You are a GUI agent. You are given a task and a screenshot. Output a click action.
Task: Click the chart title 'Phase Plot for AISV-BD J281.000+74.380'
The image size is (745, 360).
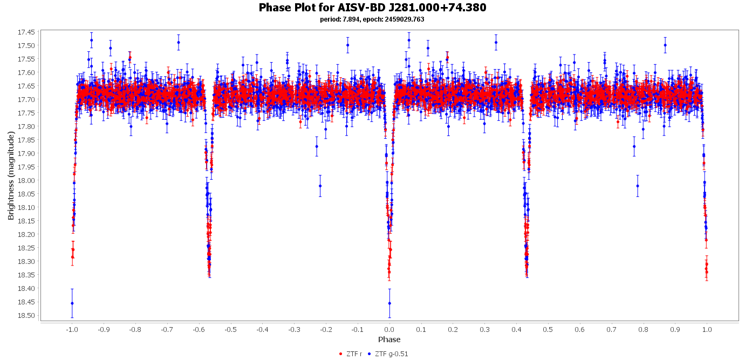pos(372,8)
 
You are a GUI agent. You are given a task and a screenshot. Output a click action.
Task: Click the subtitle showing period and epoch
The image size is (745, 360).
pos(372,19)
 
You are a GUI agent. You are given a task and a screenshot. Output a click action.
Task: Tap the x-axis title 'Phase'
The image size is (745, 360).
pos(389,339)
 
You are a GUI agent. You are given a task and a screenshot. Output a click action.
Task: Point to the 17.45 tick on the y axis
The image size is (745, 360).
pos(26,32)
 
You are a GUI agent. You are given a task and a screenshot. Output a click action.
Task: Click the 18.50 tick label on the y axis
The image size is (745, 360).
pos(26,315)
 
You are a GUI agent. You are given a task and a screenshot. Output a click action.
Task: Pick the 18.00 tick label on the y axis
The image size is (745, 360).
pos(26,180)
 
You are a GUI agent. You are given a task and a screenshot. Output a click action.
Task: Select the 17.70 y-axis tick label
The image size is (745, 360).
pos(26,99)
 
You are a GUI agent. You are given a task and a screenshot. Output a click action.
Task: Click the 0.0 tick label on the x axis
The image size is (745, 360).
pos(389,329)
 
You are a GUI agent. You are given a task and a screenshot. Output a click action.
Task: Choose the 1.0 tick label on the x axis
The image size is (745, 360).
pos(707,329)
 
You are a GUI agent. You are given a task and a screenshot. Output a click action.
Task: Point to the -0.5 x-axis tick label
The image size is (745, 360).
pos(230,329)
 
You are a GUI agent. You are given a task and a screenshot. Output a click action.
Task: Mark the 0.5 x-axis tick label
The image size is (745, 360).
pos(548,329)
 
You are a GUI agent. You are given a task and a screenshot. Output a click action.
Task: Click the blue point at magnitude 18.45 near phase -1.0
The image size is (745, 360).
pos(72,303)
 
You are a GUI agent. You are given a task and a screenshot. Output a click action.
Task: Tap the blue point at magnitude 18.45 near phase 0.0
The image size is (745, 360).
pos(389,303)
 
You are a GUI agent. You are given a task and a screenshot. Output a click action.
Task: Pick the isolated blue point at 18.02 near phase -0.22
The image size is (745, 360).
pos(320,186)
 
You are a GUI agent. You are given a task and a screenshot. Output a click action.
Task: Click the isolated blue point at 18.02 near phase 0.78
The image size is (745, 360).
pos(638,186)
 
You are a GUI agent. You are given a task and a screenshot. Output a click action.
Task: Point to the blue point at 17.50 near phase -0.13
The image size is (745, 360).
pos(347,45)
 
